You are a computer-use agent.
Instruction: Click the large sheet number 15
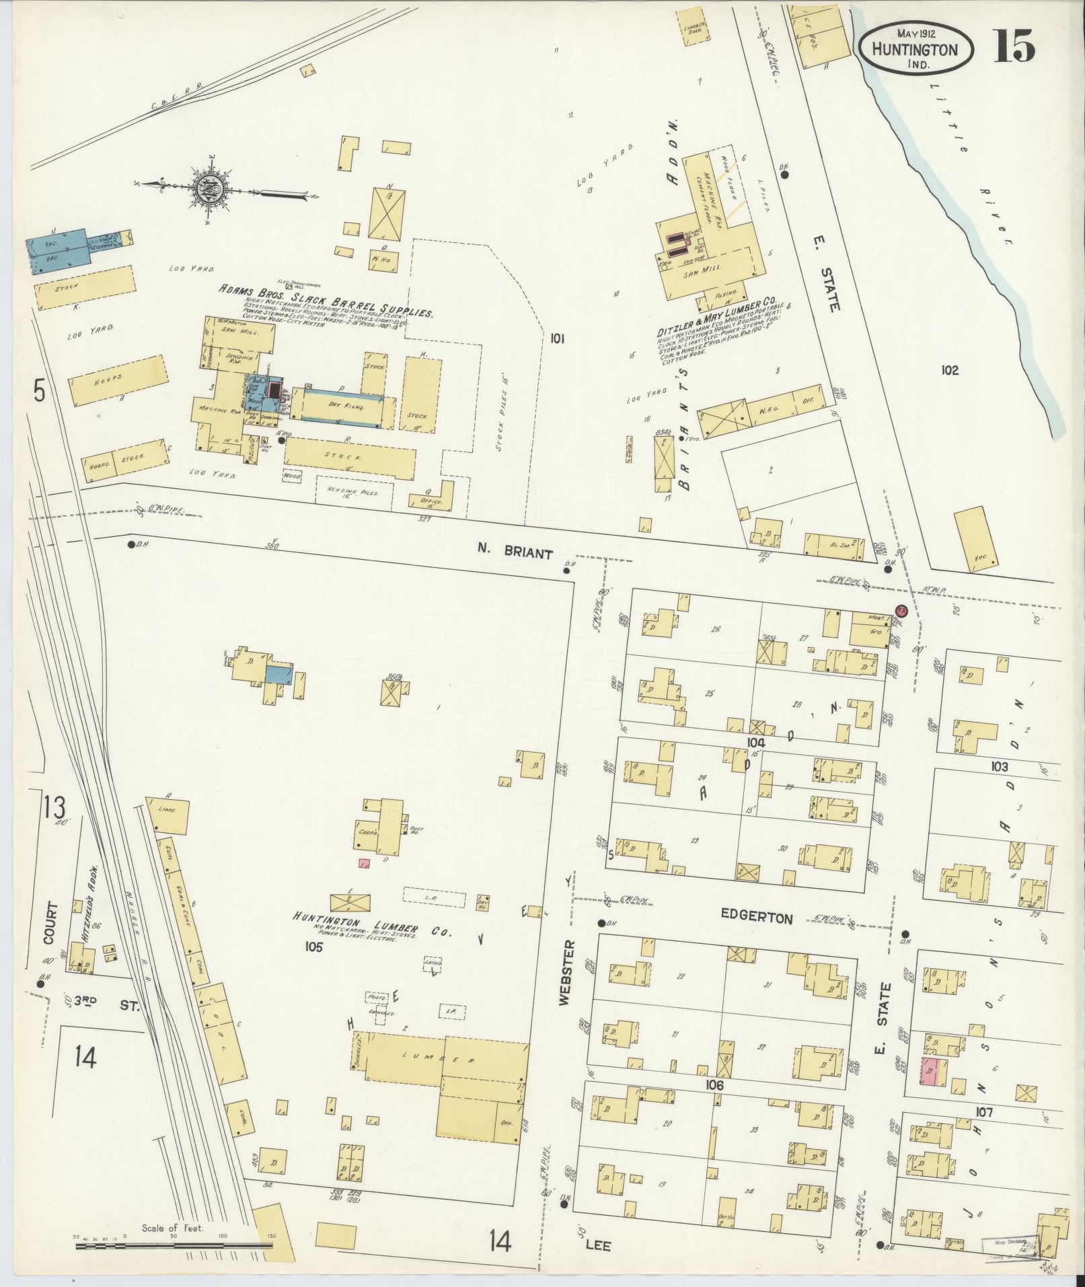pyautogui.click(x=1014, y=46)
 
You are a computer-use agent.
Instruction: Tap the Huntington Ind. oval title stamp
pyautogui.click(x=915, y=49)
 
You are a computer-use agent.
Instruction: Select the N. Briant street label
pyautogui.click(x=515, y=554)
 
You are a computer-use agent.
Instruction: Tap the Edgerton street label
pyautogui.click(x=757, y=918)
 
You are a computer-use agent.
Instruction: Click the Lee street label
pyautogui.click(x=597, y=1245)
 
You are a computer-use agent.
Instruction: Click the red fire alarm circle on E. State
pyautogui.click(x=902, y=611)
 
